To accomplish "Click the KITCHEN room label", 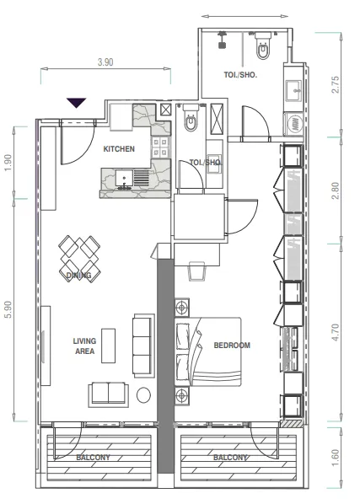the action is tap(119, 149).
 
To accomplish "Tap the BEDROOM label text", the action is tap(232, 346).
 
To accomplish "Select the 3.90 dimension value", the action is tap(105, 62).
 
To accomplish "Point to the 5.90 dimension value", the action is tap(8, 309).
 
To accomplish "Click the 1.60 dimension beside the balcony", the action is tap(335, 458).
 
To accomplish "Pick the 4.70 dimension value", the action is tap(335, 332).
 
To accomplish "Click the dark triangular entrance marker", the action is tap(77, 103).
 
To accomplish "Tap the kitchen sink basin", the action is tap(125, 178).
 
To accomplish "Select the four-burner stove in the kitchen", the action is tap(161, 147).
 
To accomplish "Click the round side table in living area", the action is tap(143, 395).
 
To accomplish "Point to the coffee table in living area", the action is tap(108, 346).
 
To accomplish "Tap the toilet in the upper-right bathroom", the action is tap(263, 46).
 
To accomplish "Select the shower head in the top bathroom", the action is tap(222, 40).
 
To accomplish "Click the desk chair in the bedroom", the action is tap(196, 271).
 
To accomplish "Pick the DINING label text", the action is tap(78, 275).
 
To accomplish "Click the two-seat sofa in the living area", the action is tap(108, 394).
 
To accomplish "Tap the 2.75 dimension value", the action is tap(335, 84).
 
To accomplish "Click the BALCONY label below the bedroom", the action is tap(230, 458).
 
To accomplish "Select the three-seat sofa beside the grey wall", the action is tap(142, 346).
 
